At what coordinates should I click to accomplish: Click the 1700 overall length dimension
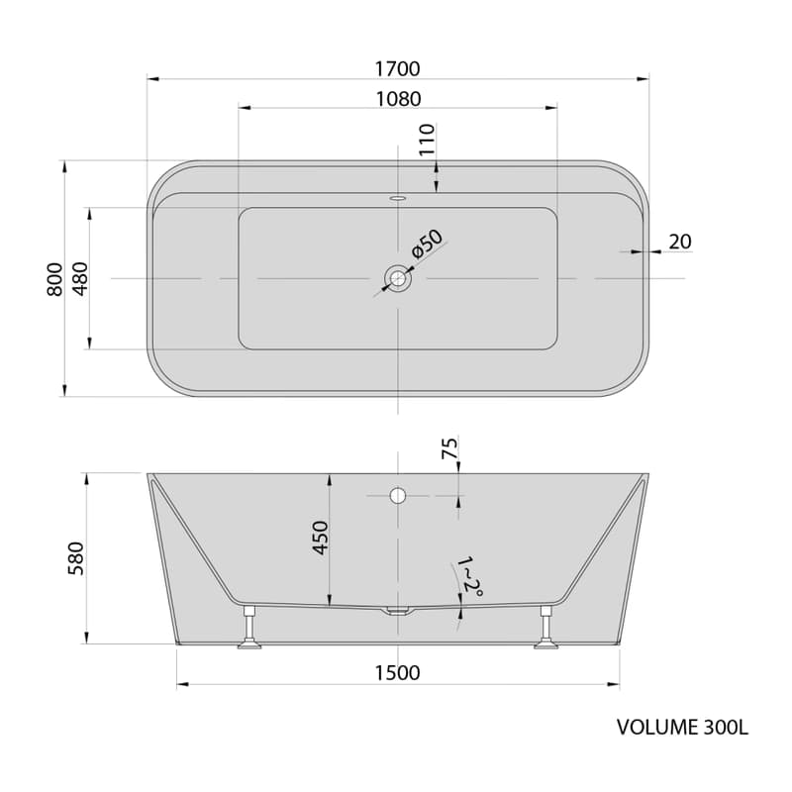398,68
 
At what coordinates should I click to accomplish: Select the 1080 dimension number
398,99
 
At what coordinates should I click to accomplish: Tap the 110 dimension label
427,140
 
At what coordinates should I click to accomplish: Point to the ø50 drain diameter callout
427,244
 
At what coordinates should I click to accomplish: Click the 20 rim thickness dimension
680,242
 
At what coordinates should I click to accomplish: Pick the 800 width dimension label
55,279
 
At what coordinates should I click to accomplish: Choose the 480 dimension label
80,279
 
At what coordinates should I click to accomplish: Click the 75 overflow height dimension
449,448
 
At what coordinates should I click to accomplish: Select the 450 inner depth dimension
321,538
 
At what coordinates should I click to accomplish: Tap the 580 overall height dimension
76,558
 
